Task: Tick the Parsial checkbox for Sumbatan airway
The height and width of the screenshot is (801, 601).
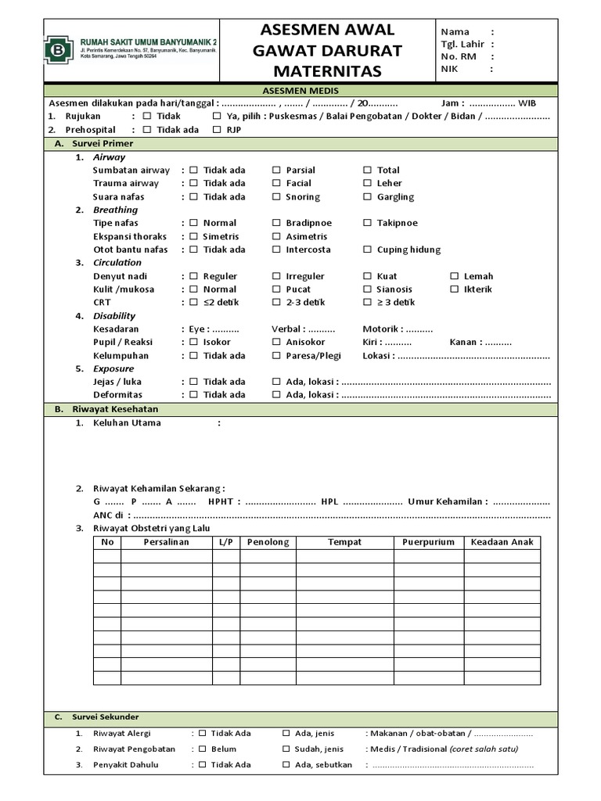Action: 276,170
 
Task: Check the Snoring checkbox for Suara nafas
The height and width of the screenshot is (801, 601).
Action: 276,196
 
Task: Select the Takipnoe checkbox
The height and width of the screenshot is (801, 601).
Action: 367,223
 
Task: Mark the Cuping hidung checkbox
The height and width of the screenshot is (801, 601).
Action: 367,250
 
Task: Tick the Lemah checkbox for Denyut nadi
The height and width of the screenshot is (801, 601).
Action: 455,276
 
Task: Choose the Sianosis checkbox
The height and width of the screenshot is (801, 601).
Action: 367,289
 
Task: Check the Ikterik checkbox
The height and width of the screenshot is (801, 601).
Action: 455,289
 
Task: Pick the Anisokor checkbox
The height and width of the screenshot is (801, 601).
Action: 276,342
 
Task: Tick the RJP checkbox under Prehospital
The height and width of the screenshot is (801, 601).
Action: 217,130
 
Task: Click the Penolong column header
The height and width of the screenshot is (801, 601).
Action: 268,542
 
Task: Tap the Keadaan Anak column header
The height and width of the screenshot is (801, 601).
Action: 502,542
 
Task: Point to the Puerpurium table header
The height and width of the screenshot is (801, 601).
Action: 428,542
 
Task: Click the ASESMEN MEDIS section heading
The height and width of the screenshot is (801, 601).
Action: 300,91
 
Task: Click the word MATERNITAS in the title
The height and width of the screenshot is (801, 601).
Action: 326,71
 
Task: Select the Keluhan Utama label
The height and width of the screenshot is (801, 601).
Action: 127,423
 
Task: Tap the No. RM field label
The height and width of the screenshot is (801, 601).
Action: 458,56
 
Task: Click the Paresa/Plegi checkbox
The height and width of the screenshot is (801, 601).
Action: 276,355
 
